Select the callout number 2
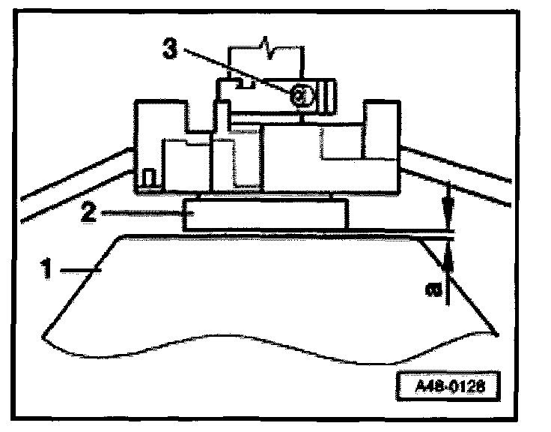[88, 212]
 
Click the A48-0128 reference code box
[447, 388]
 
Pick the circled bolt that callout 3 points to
[299, 94]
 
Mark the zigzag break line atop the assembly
[267, 46]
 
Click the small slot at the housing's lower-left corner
[148, 178]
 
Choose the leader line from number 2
[142, 213]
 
